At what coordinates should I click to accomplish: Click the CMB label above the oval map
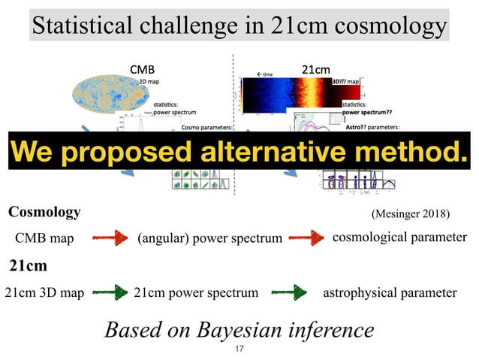pos(143,70)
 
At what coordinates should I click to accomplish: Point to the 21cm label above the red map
pos(315,70)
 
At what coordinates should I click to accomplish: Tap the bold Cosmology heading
pos(44,213)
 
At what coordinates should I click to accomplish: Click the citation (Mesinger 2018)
pos(410,214)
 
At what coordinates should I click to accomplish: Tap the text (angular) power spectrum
pos(209,239)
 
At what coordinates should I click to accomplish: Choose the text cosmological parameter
pos(399,237)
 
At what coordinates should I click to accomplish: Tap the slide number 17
pos(239,349)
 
